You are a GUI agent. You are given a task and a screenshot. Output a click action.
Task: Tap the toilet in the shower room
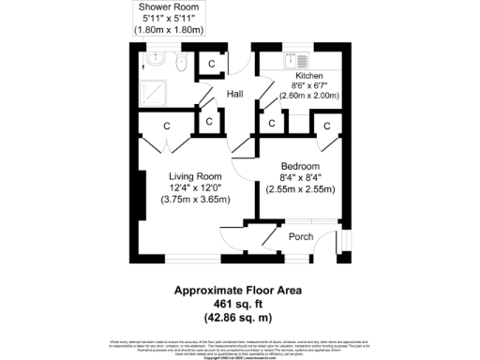coord(179,62)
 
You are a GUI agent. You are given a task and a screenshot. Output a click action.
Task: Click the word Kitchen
coord(309,75)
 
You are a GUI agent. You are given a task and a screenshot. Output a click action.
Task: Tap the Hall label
coord(235,94)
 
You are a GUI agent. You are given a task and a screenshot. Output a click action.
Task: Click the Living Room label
coord(195,176)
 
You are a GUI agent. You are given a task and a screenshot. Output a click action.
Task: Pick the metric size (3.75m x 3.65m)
coord(195,199)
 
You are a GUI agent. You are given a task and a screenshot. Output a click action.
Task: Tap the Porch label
coord(300,236)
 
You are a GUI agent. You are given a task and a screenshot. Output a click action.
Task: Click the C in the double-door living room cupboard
coord(166,126)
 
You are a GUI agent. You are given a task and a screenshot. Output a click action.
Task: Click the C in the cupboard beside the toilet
coord(212,64)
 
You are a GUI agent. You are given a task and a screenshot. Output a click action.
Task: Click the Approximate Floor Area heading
coord(240,291)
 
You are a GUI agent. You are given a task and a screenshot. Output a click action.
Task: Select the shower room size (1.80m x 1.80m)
coord(170,29)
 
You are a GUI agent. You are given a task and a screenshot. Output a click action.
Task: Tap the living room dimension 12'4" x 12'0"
coord(195,187)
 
